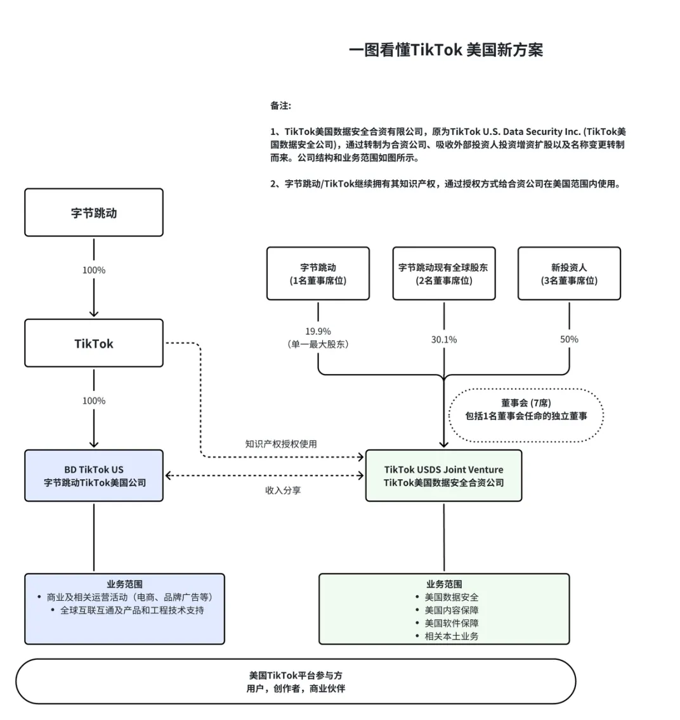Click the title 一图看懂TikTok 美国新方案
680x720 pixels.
coord(445,50)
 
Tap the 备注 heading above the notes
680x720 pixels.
coord(280,106)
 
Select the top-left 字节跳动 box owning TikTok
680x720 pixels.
coord(94,213)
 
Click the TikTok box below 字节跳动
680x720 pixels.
coord(94,344)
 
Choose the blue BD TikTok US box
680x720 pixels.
coord(94,476)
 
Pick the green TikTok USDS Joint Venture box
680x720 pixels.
coord(443,476)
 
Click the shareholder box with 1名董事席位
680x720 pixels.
coord(318,274)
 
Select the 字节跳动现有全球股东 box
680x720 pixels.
coord(443,274)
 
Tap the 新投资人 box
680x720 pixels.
coord(569,274)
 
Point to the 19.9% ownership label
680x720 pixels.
coord(318,331)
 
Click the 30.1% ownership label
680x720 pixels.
coord(443,340)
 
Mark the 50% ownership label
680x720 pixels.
coord(569,340)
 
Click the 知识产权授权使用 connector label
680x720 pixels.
coord(281,444)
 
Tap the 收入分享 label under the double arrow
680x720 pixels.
coord(283,491)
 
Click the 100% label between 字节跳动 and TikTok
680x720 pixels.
coord(94,270)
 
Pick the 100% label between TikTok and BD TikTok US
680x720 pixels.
coord(94,401)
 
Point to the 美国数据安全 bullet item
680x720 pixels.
coord(452,597)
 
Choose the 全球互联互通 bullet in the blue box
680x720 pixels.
coord(132,610)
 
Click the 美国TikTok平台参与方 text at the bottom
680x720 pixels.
coord(296,676)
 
